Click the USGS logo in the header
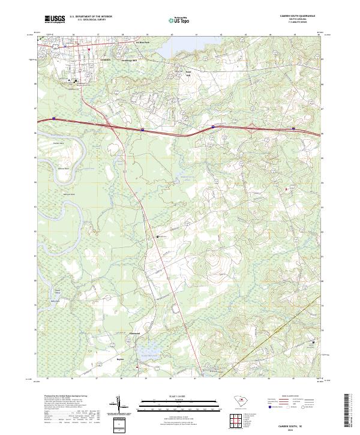[55, 19]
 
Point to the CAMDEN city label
[106, 61]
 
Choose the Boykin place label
[119, 359]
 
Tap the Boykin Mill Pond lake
[148, 349]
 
